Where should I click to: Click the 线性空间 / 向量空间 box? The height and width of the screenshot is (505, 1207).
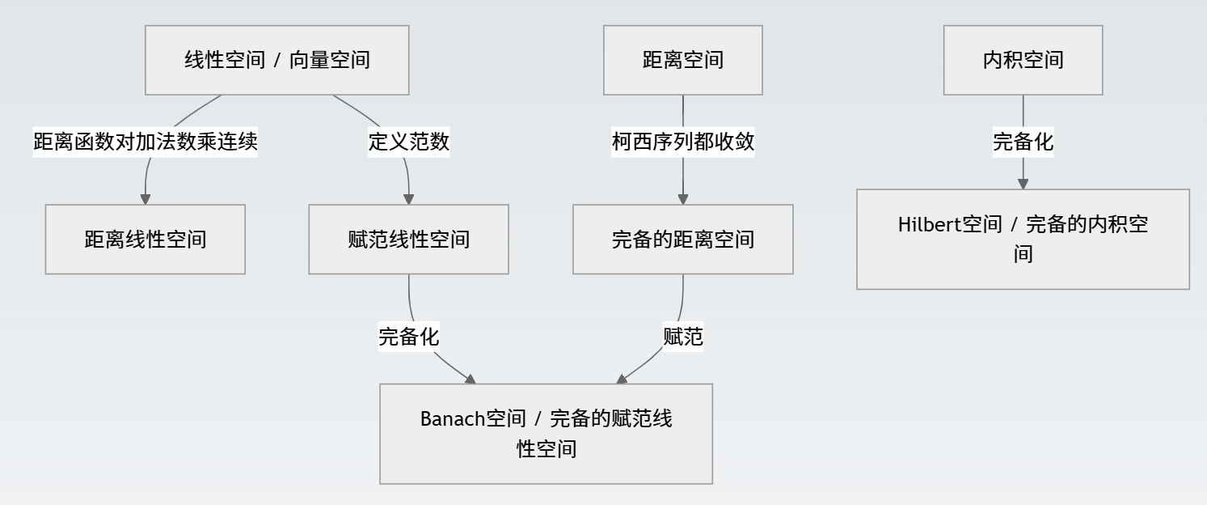tap(276, 60)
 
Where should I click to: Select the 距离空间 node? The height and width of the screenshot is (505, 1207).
tap(682, 60)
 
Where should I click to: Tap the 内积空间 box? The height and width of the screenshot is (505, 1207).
tap(1023, 60)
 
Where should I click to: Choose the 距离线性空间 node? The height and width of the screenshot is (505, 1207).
tap(145, 240)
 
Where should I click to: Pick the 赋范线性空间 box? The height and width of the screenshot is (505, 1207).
tap(408, 240)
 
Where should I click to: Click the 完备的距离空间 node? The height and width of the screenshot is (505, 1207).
tap(682, 240)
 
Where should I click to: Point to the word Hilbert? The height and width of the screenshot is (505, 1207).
tap(929, 225)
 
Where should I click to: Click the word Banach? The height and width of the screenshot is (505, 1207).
tap(452, 419)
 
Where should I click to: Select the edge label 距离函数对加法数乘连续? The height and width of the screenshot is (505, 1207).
tap(146, 142)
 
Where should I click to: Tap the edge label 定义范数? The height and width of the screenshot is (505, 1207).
tap(408, 142)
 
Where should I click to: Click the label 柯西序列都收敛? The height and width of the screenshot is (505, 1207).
tap(682, 142)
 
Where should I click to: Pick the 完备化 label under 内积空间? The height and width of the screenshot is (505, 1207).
tap(1023, 142)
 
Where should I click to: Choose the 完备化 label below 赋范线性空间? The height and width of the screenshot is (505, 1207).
tap(408, 336)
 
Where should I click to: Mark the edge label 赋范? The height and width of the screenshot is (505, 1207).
tap(682, 336)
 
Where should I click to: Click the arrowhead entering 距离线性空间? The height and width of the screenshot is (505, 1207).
tap(146, 199)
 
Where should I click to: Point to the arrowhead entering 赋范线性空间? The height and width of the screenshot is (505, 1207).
tap(408, 199)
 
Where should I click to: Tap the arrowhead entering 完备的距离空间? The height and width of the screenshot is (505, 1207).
tap(682, 199)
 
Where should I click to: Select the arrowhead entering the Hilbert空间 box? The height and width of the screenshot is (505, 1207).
tap(1023, 184)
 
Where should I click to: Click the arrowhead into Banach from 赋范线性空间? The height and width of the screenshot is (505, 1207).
tap(470, 379)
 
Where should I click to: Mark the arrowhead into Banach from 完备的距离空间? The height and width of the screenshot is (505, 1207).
tap(622, 379)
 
